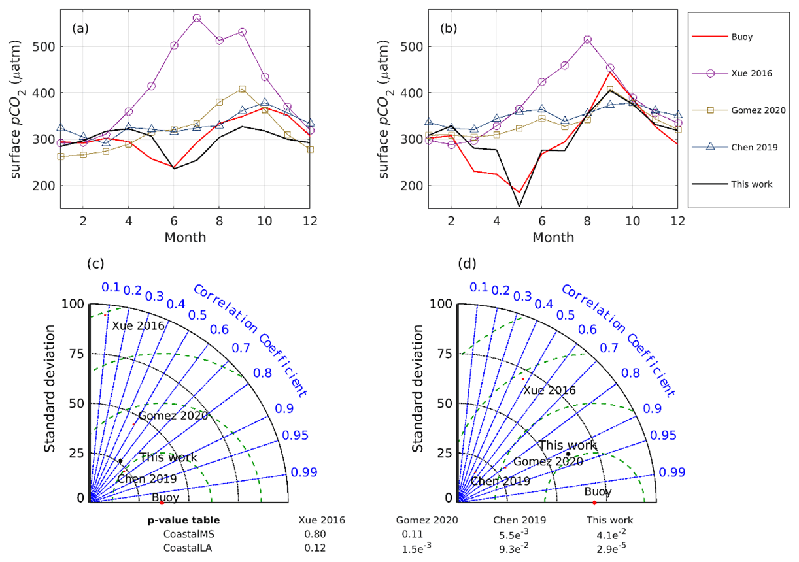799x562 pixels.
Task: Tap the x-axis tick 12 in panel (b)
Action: pyautogui.click(x=677, y=221)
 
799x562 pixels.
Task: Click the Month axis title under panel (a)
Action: pyautogui.click(x=185, y=237)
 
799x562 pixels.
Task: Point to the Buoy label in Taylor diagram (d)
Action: pyautogui.click(x=598, y=491)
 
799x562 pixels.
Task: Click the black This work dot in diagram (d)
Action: pyautogui.click(x=568, y=454)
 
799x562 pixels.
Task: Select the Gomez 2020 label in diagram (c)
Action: pyautogui.click(x=173, y=415)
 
